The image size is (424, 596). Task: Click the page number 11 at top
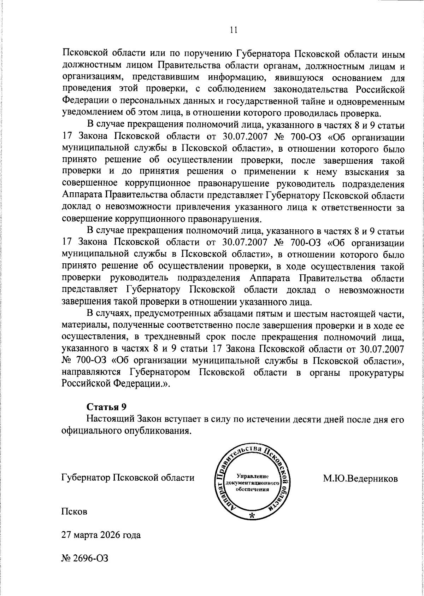point(233,30)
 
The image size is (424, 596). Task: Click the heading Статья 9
point(106,407)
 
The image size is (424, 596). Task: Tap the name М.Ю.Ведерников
point(360,479)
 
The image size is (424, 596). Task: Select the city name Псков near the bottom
point(74,512)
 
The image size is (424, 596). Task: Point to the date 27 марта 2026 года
point(101,535)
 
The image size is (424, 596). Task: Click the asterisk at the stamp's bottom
point(252,516)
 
